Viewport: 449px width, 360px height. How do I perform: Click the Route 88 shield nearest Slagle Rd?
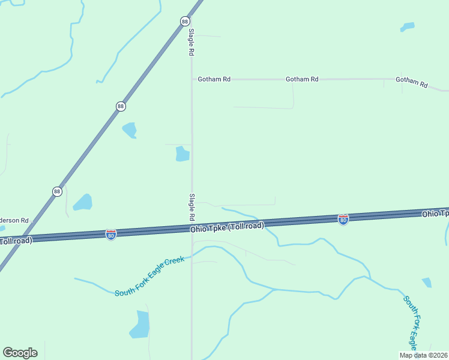(x=185, y=22)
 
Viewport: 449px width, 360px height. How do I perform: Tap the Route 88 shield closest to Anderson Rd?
(x=57, y=191)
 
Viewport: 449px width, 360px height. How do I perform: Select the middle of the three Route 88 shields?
(x=121, y=106)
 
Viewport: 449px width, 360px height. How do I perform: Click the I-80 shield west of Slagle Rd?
(x=110, y=234)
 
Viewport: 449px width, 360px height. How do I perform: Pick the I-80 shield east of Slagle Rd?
(x=343, y=220)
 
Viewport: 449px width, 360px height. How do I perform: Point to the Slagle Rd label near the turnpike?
(x=192, y=206)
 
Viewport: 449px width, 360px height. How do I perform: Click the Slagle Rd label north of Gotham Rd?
(x=191, y=42)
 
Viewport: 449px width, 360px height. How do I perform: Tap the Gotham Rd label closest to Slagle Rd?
(x=214, y=79)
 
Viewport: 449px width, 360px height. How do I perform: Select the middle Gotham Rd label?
(x=302, y=79)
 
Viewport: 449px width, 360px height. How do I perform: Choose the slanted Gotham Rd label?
(x=412, y=83)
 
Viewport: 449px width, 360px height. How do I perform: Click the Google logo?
(x=20, y=353)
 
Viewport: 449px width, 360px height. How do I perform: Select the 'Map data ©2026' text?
(x=423, y=355)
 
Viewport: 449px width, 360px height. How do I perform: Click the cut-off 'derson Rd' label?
(x=14, y=220)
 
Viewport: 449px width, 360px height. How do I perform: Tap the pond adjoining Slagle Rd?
(x=182, y=154)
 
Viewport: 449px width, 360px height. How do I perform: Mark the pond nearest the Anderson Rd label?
(x=83, y=202)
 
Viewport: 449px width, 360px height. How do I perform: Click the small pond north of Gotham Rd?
(x=408, y=27)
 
